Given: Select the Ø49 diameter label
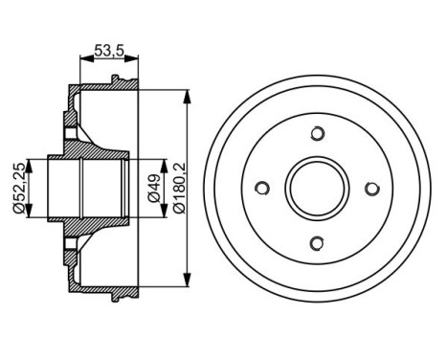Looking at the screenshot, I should (154, 188).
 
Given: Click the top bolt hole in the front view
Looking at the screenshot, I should (319, 133).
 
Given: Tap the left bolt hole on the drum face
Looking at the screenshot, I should (264, 188).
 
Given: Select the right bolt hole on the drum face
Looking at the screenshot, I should (373, 188).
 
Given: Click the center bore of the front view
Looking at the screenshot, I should (319, 188).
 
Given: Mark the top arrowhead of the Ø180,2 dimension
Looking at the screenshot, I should (182, 94).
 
